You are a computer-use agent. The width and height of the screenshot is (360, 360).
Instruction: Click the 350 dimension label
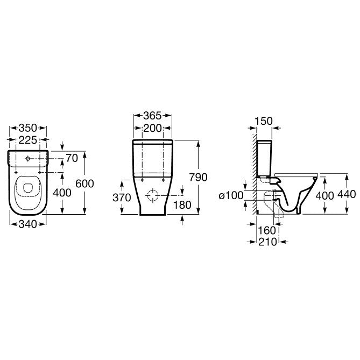tap(28, 128)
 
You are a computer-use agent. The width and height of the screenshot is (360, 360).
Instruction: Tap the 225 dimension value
tap(28, 140)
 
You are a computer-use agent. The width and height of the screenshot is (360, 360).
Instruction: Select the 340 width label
tap(28, 224)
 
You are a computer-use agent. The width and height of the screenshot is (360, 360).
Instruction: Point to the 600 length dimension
tap(84, 183)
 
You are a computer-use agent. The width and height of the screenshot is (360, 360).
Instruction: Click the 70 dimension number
tap(72, 158)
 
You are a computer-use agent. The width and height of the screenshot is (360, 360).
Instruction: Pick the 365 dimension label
tap(152, 116)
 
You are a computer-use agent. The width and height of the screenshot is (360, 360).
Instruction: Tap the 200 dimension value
tap(152, 128)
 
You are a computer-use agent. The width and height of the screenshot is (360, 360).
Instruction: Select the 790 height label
tap(198, 177)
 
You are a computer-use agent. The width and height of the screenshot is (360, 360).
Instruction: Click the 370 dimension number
tap(122, 197)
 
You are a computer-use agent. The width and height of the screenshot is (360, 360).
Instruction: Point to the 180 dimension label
tap(182, 205)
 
